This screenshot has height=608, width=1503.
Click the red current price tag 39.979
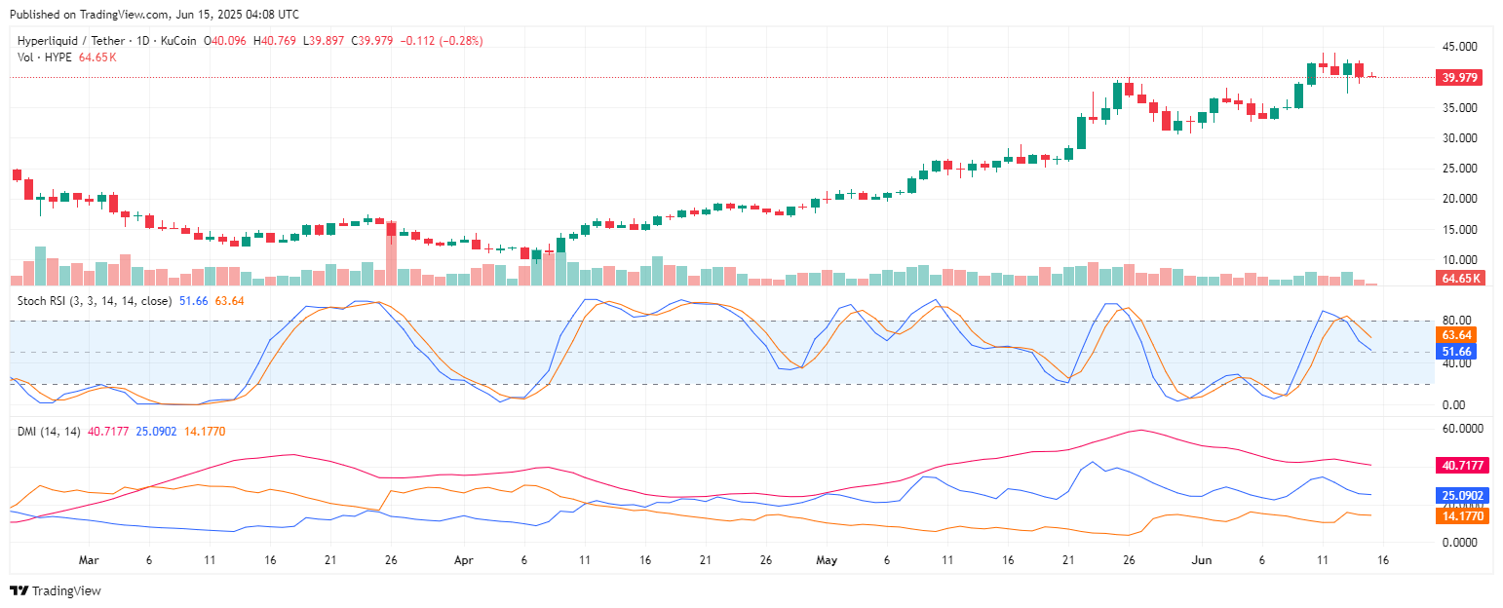(1458, 78)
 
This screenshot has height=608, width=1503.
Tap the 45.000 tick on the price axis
(1458, 47)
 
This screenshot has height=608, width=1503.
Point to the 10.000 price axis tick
(1458, 260)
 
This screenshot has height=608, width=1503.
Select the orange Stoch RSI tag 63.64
(1458, 334)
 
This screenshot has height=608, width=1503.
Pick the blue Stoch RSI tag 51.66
(1458, 351)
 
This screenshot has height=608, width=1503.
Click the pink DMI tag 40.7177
(1459, 466)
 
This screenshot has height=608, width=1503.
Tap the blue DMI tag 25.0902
(1459, 495)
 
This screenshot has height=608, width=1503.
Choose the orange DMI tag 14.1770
(1459, 515)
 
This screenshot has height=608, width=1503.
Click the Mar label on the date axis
(89, 560)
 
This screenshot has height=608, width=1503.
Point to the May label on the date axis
(827, 560)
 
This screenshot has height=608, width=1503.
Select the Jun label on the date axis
(1202, 560)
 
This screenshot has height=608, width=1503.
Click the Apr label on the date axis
(463, 560)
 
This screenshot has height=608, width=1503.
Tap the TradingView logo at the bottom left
(56, 590)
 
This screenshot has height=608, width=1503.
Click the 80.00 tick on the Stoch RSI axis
(1456, 321)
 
